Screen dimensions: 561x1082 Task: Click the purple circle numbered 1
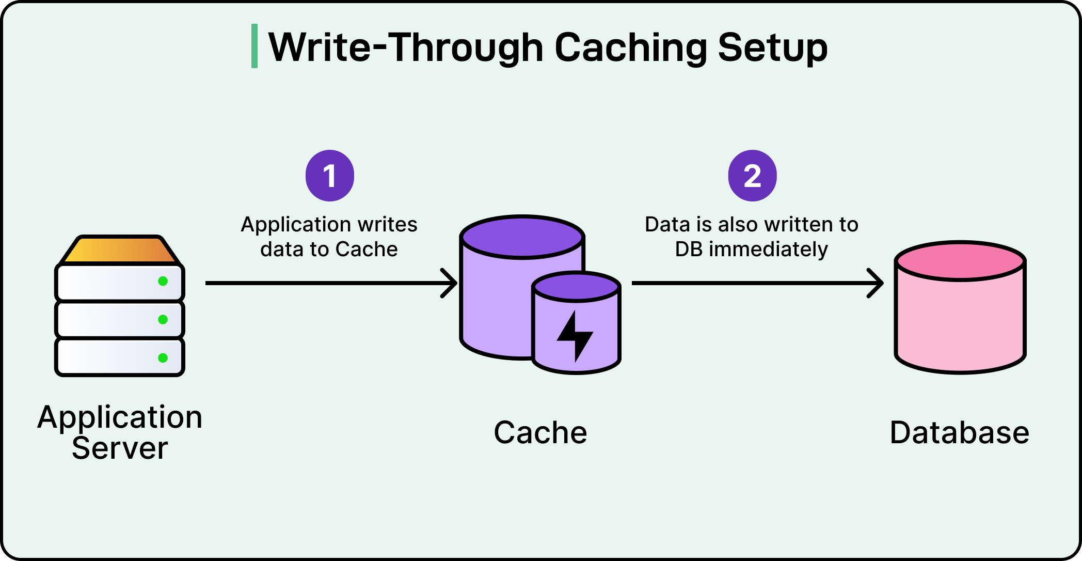point(330,176)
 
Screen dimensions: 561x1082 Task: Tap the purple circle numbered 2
point(752,176)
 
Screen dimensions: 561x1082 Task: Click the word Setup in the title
point(772,48)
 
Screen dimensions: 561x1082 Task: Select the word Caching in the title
point(630,48)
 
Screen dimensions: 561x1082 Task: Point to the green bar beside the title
point(254,46)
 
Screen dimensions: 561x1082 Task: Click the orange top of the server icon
point(120,250)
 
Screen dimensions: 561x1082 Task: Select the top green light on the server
point(163,281)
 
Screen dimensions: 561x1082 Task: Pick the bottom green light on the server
point(163,357)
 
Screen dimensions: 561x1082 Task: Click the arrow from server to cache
point(330,283)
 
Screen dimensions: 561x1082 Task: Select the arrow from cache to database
point(757,283)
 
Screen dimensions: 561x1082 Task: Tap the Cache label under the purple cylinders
point(540,432)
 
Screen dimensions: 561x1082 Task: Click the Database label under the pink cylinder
point(960,432)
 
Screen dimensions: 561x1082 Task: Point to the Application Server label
point(120,432)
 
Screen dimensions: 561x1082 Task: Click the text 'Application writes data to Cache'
point(329,237)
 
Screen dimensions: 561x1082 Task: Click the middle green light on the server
point(163,319)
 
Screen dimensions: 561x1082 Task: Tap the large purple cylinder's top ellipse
point(522,237)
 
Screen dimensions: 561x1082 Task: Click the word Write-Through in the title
point(406,48)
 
